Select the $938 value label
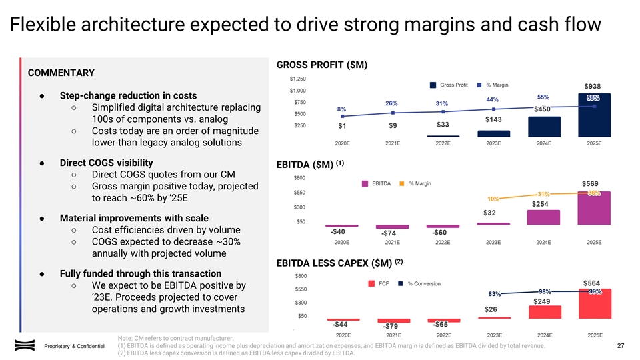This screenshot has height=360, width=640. coord(595,86)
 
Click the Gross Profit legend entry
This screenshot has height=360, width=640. coord(451,85)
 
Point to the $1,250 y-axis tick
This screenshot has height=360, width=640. coord(298,79)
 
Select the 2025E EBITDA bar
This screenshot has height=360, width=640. coord(593,210)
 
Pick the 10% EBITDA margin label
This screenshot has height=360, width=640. coord(494,199)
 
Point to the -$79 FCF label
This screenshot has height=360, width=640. coord(391,326)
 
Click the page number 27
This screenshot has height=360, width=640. coord(621,345)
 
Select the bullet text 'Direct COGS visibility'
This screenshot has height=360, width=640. coord(106,163)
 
